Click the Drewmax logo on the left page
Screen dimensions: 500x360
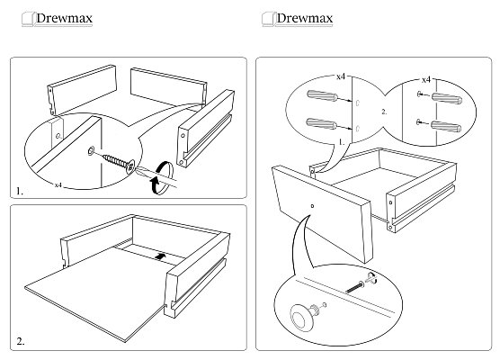(x=58, y=19)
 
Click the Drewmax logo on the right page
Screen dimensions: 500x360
(x=298, y=19)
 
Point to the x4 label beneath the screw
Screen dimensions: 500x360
(x=58, y=184)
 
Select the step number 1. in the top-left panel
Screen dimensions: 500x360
(x=20, y=192)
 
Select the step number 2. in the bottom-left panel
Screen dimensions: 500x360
(x=21, y=342)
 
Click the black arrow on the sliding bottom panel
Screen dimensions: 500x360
(x=160, y=256)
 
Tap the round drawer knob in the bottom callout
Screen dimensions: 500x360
(x=301, y=317)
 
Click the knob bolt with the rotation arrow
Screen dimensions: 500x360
(x=361, y=284)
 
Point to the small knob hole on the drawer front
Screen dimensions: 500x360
(x=312, y=206)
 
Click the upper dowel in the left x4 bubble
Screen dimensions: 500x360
(x=322, y=95)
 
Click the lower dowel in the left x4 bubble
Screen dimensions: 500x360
(x=321, y=123)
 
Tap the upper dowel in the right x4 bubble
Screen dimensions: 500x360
(x=447, y=99)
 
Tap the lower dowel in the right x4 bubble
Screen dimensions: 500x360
(x=446, y=126)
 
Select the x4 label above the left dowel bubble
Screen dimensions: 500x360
(x=341, y=76)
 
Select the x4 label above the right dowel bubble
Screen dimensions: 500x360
(x=426, y=80)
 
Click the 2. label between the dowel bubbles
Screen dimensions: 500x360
(x=384, y=112)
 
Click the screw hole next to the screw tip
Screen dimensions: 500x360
(x=91, y=150)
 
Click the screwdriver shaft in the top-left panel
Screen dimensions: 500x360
(x=156, y=178)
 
